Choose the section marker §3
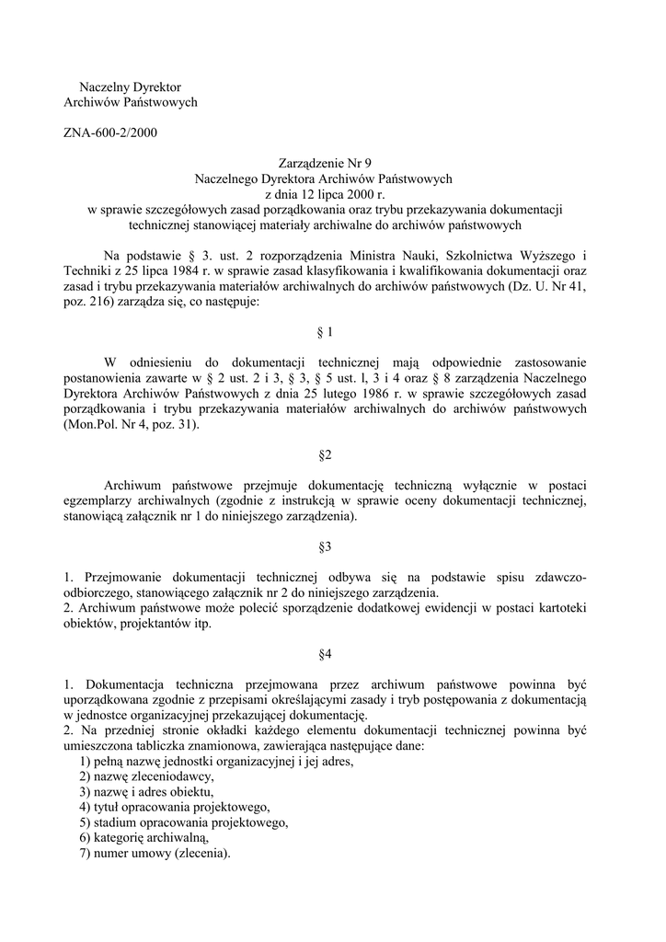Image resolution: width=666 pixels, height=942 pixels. pos(324,546)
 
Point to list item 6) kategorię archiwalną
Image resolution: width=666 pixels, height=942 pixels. pos(144,838)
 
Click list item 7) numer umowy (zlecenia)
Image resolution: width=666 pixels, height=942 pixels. pos(155,854)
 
